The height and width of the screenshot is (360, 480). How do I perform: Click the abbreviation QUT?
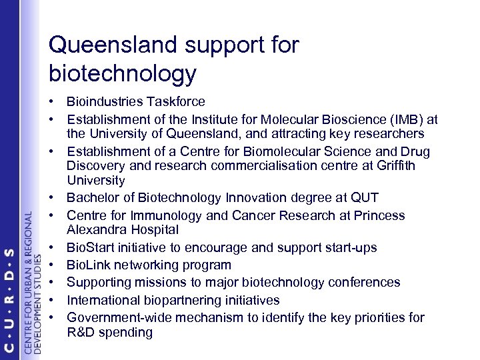[369, 198]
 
